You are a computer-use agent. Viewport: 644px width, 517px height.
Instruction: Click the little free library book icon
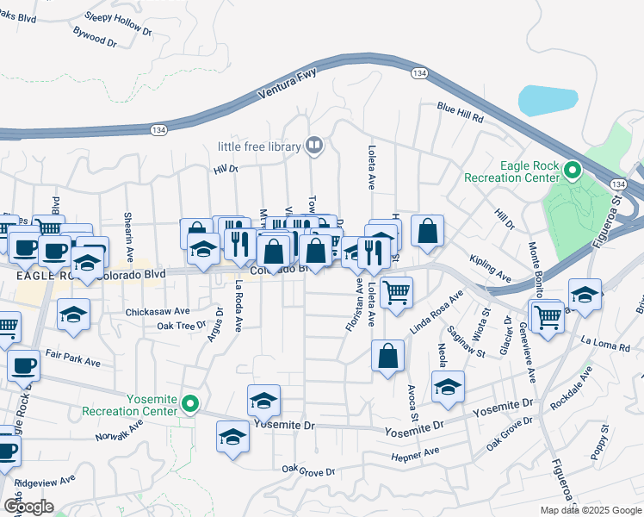pos(314,146)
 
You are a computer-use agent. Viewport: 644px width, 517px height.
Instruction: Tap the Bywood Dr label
pos(94,38)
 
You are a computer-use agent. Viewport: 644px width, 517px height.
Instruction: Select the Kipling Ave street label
pos(490,268)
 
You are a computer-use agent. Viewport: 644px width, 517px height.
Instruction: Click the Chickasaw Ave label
pos(158,311)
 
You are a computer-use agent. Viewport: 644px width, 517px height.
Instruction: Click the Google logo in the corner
pos(28,506)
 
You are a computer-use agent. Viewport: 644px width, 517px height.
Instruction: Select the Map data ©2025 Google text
pos(591,510)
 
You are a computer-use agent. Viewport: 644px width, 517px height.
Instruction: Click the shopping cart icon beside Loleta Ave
pos(395,292)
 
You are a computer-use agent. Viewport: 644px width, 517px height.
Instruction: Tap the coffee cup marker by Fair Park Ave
pos(24,365)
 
